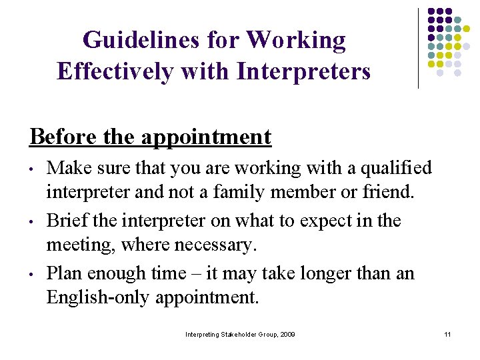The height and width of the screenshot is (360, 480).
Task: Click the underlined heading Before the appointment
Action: pos(151,137)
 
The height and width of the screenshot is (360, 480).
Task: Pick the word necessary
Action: pos(215,246)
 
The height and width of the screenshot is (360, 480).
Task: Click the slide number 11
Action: pos(447,333)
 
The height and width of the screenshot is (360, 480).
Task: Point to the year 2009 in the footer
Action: pos(287,333)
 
